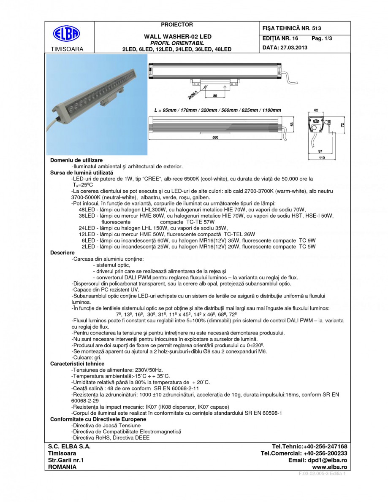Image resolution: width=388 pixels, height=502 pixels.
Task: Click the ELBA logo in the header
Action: [x=66, y=34]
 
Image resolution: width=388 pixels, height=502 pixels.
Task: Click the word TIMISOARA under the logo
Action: [x=67, y=49]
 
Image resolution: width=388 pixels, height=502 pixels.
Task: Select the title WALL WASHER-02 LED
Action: [x=178, y=37]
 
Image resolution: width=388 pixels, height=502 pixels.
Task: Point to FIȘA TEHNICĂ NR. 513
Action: [x=292, y=28]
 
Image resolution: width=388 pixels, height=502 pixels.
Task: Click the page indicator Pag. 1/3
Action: [x=322, y=38]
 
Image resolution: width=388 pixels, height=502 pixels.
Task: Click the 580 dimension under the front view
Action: [x=215, y=137]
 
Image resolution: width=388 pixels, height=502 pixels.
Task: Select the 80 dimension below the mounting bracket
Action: [x=215, y=96]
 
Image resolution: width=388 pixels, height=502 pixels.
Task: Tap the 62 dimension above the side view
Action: [x=316, y=110]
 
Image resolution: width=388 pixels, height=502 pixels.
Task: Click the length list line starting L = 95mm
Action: [x=217, y=110]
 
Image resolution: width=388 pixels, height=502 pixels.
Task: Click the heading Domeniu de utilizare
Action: [x=76, y=161]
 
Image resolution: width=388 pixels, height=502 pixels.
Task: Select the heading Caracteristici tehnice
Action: [x=77, y=364]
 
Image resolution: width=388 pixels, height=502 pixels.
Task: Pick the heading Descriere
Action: [x=62, y=252]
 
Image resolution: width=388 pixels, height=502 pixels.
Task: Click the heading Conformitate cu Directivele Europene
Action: [x=98, y=419]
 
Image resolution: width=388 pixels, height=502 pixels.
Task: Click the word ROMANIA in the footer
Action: [x=62, y=467]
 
